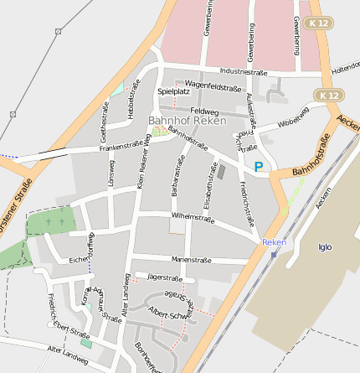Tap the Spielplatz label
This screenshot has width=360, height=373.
(173, 91)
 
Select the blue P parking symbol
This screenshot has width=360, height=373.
(259, 167)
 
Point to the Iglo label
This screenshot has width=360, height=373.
(326, 246)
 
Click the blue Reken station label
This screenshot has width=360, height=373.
(274, 242)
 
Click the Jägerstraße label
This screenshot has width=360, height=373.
(164, 277)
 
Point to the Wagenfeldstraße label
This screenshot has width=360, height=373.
(213, 85)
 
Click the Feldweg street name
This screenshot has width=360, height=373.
(204, 111)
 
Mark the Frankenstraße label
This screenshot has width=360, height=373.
(123, 145)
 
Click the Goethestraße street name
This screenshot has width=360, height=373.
(104, 122)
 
